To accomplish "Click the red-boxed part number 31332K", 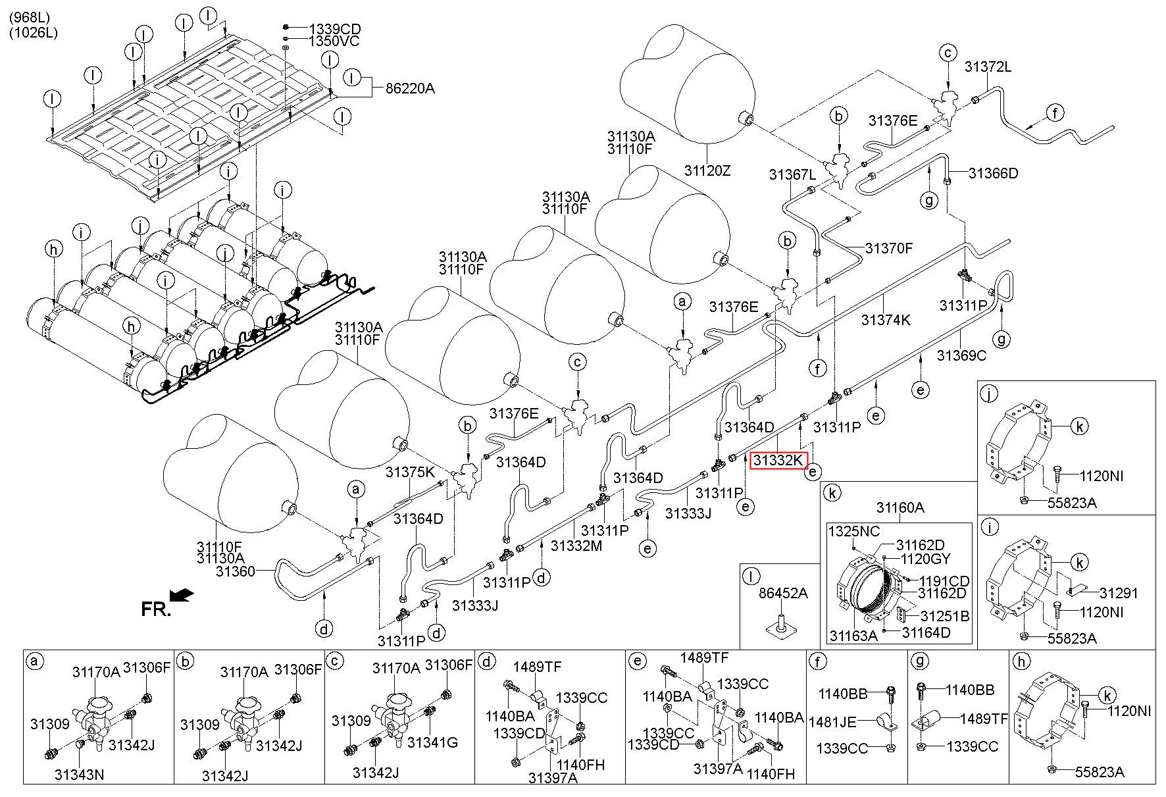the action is (779, 460).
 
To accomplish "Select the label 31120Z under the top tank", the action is (707, 171).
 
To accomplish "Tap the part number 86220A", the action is (411, 88).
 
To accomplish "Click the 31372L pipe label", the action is (988, 66).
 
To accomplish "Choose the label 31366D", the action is (994, 174).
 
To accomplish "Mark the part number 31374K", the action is (886, 320).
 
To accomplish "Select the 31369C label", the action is (962, 355).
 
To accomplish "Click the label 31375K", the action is (411, 472).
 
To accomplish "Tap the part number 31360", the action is (235, 572).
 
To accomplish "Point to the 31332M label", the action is (576, 545).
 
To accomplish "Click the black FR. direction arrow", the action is (182, 595).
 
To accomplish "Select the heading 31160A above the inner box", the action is (900, 507).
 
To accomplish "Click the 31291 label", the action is (1119, 593).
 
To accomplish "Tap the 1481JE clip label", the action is (832, 722).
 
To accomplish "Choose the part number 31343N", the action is (79, 774).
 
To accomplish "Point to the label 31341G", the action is (432, 742).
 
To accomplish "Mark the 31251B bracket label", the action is (945, 616).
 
